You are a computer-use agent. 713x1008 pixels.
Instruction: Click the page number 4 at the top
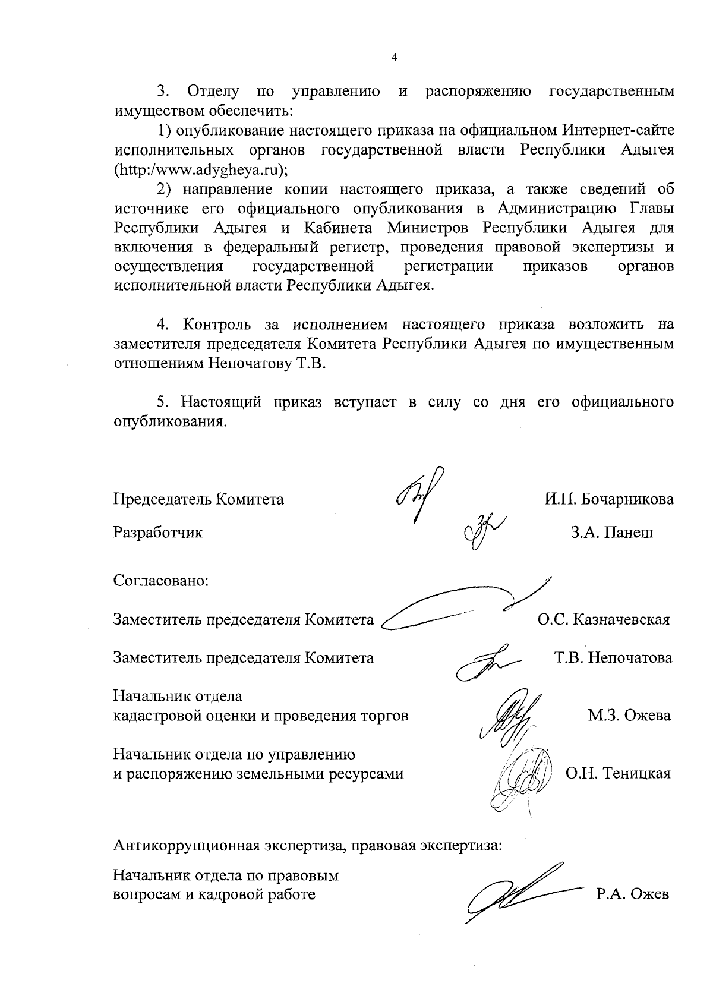(x=394, y=57)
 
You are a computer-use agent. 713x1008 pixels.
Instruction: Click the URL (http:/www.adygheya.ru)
(x=201, y=169)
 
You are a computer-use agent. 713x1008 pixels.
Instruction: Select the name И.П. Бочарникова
(x=610, y=499)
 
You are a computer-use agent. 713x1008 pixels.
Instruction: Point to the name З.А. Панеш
(x=612, y=533)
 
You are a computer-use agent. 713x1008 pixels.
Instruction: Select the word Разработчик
(x=158, y=533)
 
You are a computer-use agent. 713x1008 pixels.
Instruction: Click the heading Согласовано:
(x=160, y=580)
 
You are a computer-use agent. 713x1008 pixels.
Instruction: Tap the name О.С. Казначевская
(x=604, y=620)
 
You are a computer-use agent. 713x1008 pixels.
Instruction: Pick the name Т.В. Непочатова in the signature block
(x=613, y=658)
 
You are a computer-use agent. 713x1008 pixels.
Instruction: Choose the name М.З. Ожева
(x=629, y=716)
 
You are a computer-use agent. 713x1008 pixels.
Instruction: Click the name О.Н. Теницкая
(x=618, y=774)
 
